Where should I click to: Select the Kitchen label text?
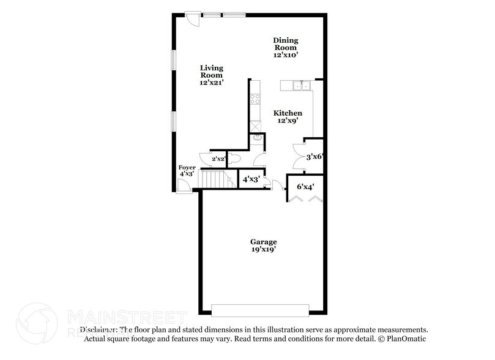[x=288, y=113]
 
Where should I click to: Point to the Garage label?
[x=263, y=242]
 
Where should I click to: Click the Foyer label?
[x=187, y=167]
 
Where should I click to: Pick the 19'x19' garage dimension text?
[x=263, y=250]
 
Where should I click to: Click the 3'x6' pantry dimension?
[x=314, y=156]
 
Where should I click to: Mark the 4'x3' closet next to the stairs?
[x=251, y=179]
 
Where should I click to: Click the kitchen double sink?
[x=299, y=86]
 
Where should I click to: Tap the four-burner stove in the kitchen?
[x=255, y=99]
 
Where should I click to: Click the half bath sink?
[x=258, y=138]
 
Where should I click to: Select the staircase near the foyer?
[x=215, y=179]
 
